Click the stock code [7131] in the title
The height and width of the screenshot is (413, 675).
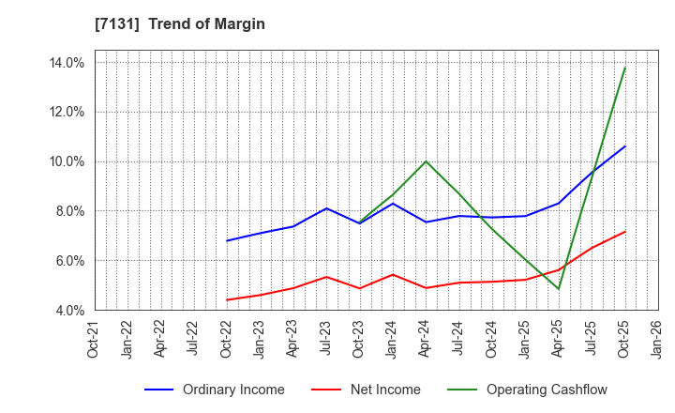(116, 24)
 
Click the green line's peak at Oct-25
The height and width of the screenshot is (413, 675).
(625, 68)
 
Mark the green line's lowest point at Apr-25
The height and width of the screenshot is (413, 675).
(559, 289)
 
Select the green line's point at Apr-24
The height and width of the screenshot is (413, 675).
(427, 161)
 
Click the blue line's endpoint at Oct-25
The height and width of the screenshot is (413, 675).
(625, 146)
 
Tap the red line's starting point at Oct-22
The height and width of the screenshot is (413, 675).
(227, 299)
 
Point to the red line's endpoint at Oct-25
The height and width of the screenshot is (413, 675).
(625, 232)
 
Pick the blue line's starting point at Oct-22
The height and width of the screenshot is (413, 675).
(227, 241)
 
